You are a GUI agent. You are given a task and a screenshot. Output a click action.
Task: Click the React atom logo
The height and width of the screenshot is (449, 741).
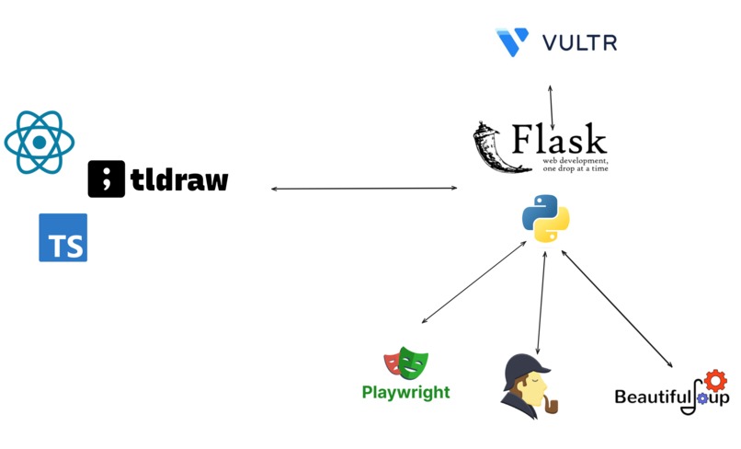pyautogui.click(x=40, y=142)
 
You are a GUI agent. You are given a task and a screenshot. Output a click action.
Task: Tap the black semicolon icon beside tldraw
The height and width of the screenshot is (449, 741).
pyautogui.click(x=107, y=178)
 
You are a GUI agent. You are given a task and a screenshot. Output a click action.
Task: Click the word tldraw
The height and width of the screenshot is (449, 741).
pyautogui.click(x=179, y=178)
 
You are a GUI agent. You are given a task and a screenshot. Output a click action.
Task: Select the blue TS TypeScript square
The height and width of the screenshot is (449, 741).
pyautogui.click(x=63, y=237)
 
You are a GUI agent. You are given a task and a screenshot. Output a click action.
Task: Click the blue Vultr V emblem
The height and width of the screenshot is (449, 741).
pyautogui.click(x=512, y=41)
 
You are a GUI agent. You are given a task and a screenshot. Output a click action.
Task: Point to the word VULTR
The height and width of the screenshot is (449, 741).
pyautogui.click(x=579, y=43)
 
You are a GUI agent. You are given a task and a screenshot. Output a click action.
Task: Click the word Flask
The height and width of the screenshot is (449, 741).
pyautogui.click(x=560, y=139)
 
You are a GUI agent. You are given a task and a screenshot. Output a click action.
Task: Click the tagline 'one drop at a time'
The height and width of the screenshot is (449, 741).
pyautogui.click(x=576, y=168)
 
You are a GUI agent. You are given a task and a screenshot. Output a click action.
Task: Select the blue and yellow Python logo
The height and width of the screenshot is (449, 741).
pyautogui.click(x=546, y=218)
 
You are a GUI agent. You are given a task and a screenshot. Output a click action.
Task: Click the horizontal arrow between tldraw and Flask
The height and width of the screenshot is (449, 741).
pyautogui.click(x=364, y=189)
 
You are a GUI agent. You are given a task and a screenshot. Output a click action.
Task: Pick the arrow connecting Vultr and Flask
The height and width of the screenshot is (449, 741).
pyautogui.click(x=551, y=108)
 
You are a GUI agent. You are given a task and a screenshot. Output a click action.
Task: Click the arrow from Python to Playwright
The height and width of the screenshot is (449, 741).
pyautogui.click(x=474, y=282)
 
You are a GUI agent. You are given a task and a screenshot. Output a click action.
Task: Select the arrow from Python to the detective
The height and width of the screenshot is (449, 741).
pyautogui.click(x=541, y=303)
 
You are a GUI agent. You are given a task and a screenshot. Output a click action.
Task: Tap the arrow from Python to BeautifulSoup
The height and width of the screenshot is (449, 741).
pyautogui.click(x=617, y=308)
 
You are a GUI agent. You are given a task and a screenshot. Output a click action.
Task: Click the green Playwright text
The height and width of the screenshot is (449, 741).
pyautogui.click(x=406, y=392)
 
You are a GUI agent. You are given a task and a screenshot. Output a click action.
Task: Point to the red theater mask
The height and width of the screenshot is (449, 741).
pyautogui.click(x=393, y=364)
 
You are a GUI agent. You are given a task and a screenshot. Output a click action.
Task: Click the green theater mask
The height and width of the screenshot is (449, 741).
pyautogui.click(x=414, y=363)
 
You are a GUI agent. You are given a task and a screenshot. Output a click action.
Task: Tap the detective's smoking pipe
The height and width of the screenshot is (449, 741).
pyautogui.click(x=550, y=406)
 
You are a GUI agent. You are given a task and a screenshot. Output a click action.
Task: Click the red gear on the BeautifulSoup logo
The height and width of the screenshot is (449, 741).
pyautogui.click(x=715, y=380)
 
